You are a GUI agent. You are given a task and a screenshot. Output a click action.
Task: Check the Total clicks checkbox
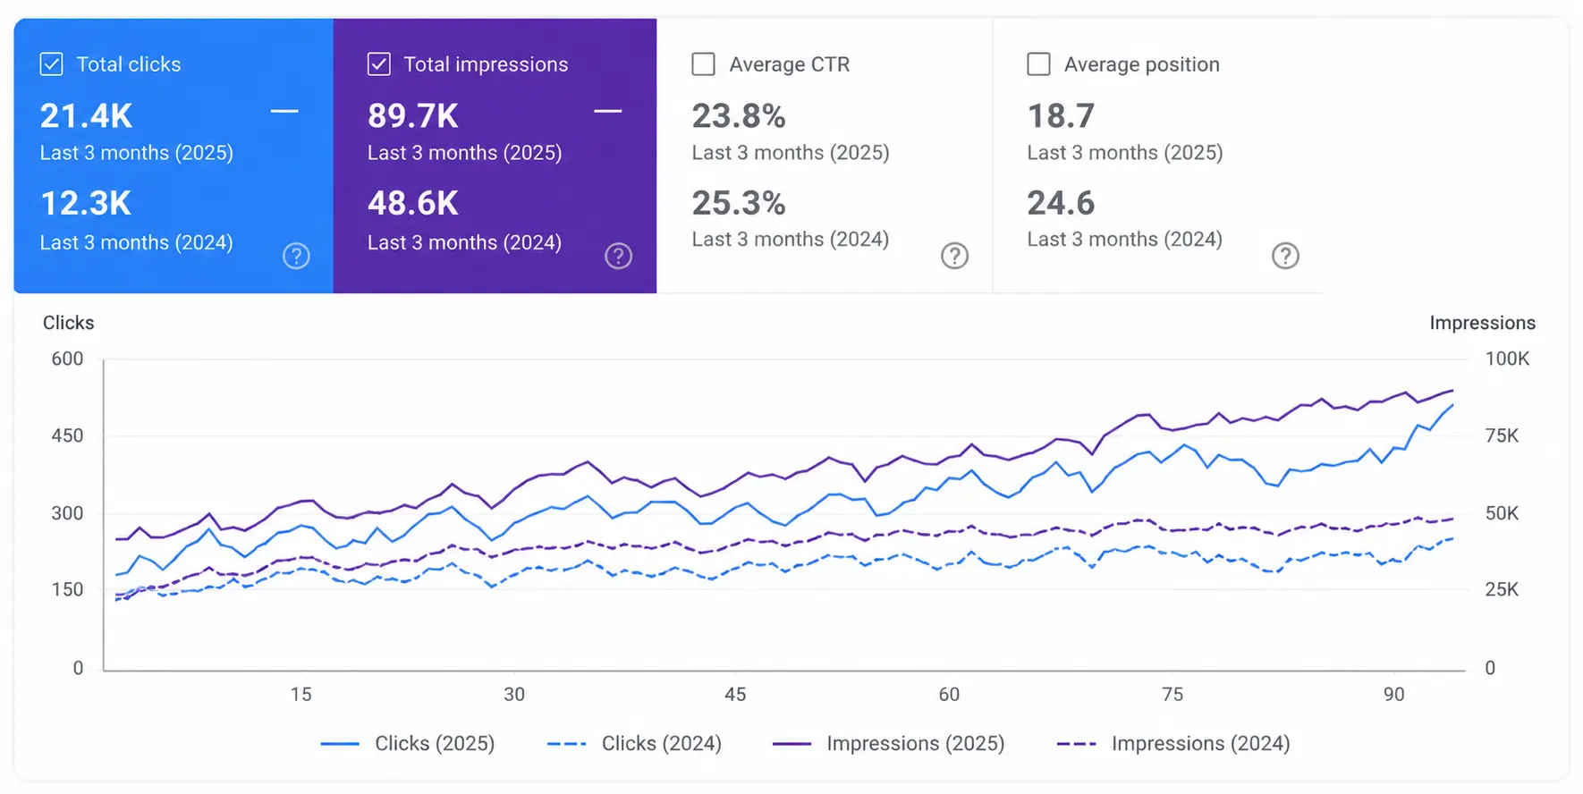52,64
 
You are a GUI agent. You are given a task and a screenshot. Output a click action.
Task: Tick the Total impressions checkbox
379,64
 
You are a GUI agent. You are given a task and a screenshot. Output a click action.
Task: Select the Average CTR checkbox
704,64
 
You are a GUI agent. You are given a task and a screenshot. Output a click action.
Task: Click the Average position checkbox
1038,64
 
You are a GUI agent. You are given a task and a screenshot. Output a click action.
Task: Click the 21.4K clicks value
86,116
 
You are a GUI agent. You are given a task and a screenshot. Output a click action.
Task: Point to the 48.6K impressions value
413,204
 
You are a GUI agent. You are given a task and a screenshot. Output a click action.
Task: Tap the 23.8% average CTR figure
739,116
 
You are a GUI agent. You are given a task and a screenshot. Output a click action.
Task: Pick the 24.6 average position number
1061,204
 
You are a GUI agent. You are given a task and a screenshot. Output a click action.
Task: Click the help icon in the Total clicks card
296,257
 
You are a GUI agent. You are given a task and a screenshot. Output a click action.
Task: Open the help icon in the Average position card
1285,257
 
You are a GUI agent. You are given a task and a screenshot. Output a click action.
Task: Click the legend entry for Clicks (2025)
408,744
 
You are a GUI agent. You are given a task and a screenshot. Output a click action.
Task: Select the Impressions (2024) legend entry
1173,744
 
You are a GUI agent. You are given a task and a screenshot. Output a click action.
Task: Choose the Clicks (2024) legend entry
634,744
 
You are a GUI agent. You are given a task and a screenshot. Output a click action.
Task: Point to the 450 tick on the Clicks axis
67,436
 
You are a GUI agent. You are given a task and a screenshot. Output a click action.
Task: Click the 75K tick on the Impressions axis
1503,436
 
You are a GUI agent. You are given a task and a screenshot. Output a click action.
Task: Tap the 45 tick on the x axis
735,695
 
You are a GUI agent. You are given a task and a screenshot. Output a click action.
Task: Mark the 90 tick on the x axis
1393,695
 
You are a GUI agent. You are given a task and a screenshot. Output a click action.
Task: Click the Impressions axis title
1482,323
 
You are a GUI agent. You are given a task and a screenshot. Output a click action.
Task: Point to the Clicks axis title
69,323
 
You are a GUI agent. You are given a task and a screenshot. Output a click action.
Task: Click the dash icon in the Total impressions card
608,112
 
